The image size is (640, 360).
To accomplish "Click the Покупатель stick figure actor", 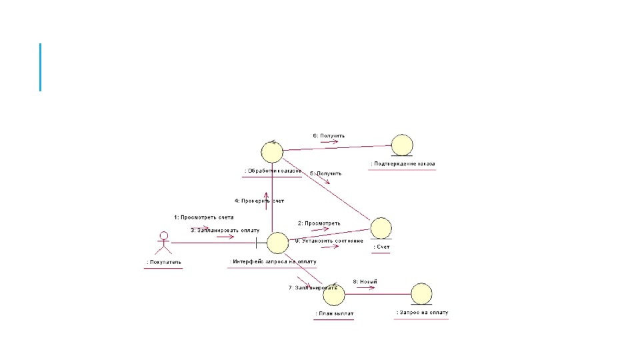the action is coord(162,243).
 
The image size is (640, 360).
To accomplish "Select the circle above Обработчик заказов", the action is coord(272,152).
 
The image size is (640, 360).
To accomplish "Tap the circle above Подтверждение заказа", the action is coord(402,145).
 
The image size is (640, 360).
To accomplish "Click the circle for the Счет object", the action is coord(381,228).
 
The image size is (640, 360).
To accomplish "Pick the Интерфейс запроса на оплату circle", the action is coord(277,243).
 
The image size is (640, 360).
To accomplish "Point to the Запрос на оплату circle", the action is coord(421,293).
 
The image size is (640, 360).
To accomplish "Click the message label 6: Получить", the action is coord(329,135).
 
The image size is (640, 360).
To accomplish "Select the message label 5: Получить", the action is coord(325,173).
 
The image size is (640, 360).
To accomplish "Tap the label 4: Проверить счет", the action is coord(259,201).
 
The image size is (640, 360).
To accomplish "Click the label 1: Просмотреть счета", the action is coord(204,217).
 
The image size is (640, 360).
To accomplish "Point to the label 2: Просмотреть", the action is coord(319,223).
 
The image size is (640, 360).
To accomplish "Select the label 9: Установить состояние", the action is coord(329,241).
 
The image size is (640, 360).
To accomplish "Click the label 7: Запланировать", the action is coord(308,288).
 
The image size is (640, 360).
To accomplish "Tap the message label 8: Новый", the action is coord(365,281).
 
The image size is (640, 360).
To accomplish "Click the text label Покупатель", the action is coord(164,263).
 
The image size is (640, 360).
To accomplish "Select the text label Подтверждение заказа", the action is coord(403,164).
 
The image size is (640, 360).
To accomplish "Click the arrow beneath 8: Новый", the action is coord(365,288).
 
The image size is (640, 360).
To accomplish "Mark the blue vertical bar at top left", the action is coord(40,67).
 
